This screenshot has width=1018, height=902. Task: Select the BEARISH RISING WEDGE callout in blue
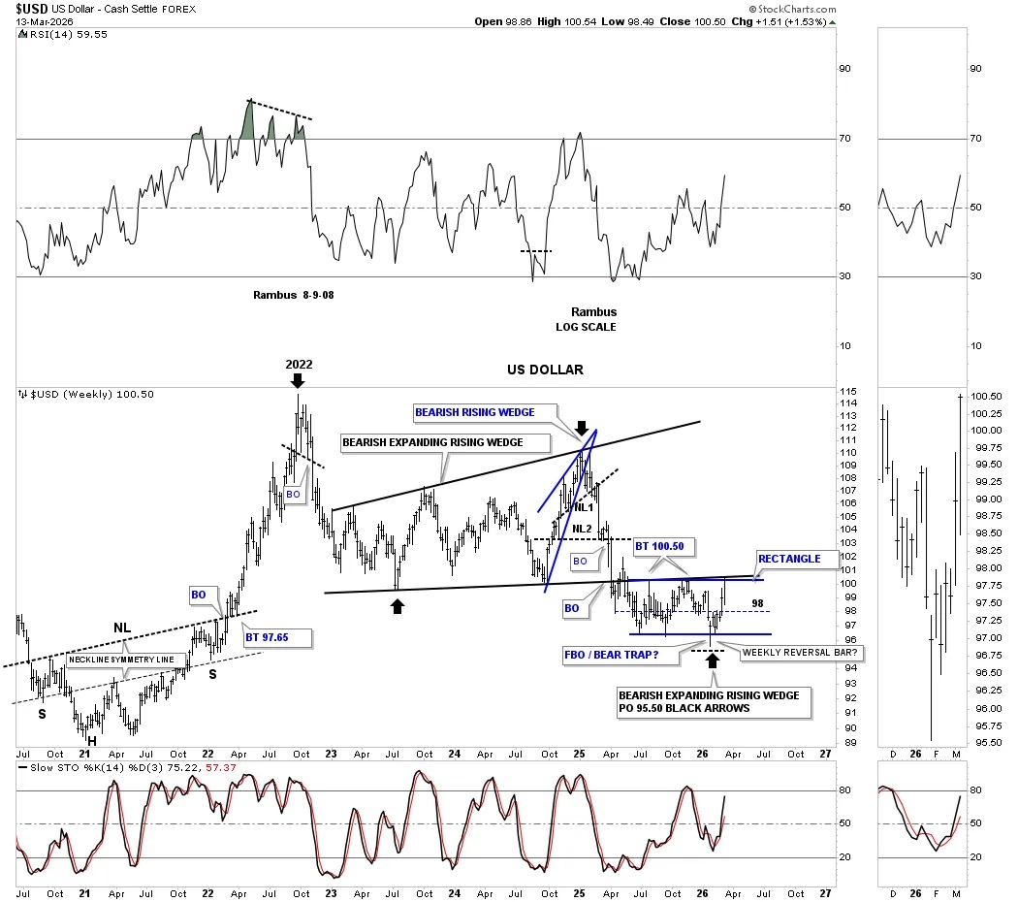point(474,412)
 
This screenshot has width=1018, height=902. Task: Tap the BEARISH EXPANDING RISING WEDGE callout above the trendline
point(432,442)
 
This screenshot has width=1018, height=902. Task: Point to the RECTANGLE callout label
point(789,559)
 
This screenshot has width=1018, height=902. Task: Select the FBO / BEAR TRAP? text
point(611,654)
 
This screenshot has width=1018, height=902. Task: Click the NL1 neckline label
point(584,507)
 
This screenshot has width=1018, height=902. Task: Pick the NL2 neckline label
point(581,529)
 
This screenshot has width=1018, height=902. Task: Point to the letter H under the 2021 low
point(92,741)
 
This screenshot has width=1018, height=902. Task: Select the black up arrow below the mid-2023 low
point(397,605)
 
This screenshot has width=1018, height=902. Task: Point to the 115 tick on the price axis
point(847,391)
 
